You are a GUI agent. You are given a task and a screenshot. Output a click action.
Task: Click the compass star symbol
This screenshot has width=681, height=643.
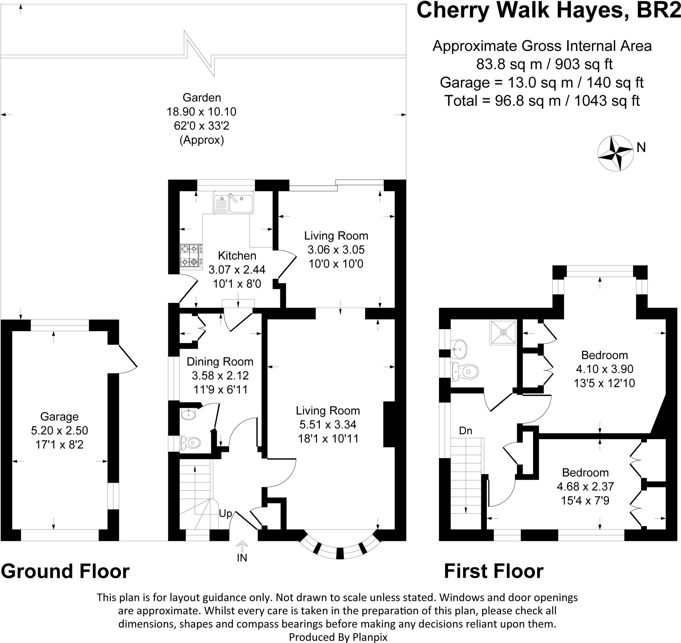(615, 153)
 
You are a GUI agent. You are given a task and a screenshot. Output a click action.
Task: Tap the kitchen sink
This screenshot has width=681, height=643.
(233, 202)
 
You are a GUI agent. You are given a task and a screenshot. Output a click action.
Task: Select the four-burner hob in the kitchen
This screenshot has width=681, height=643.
(191, 255)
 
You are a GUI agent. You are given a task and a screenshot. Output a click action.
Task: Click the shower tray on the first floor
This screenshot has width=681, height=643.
(503, 332)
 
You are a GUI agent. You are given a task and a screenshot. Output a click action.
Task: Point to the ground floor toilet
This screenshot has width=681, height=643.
(190, 443)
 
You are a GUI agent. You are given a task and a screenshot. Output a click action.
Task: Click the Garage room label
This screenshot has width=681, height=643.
(59, 417)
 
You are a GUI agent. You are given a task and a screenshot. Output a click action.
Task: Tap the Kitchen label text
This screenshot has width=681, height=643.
(237, 255)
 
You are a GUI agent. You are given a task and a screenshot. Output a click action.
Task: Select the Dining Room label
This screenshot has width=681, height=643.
(220, 362)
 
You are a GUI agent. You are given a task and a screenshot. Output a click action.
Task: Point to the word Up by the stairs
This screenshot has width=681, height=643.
(225, 513)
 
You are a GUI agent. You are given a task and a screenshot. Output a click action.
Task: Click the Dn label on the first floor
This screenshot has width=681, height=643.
(466, 431)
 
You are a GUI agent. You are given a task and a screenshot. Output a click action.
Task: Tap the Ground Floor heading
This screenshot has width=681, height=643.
(65, 572)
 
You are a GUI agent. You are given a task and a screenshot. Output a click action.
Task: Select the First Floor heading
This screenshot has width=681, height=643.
(493, 572)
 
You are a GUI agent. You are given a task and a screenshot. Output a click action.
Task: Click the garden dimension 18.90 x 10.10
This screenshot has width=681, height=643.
(202, 112)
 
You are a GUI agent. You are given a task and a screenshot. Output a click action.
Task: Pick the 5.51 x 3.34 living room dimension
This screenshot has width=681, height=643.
(328, 425)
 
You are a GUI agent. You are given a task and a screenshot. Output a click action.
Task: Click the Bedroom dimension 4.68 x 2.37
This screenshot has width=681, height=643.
(585, 486)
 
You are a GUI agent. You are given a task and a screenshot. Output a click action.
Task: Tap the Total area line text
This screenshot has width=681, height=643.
(542, 101)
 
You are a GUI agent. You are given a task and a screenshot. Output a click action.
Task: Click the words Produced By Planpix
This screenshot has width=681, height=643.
(338, 637)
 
